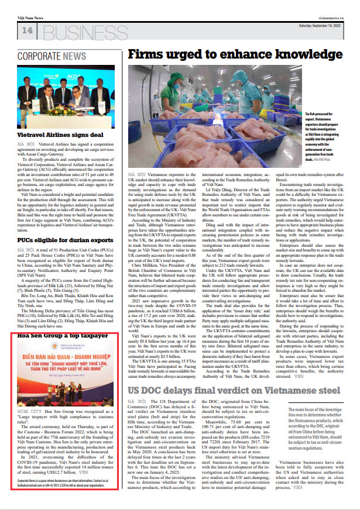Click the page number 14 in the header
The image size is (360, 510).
[x=28, y=30]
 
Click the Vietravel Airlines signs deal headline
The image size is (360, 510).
[x=60, y=135]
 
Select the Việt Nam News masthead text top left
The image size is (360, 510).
[x=30, y=18]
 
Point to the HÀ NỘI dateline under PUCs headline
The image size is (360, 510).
[x=26, y=249]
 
